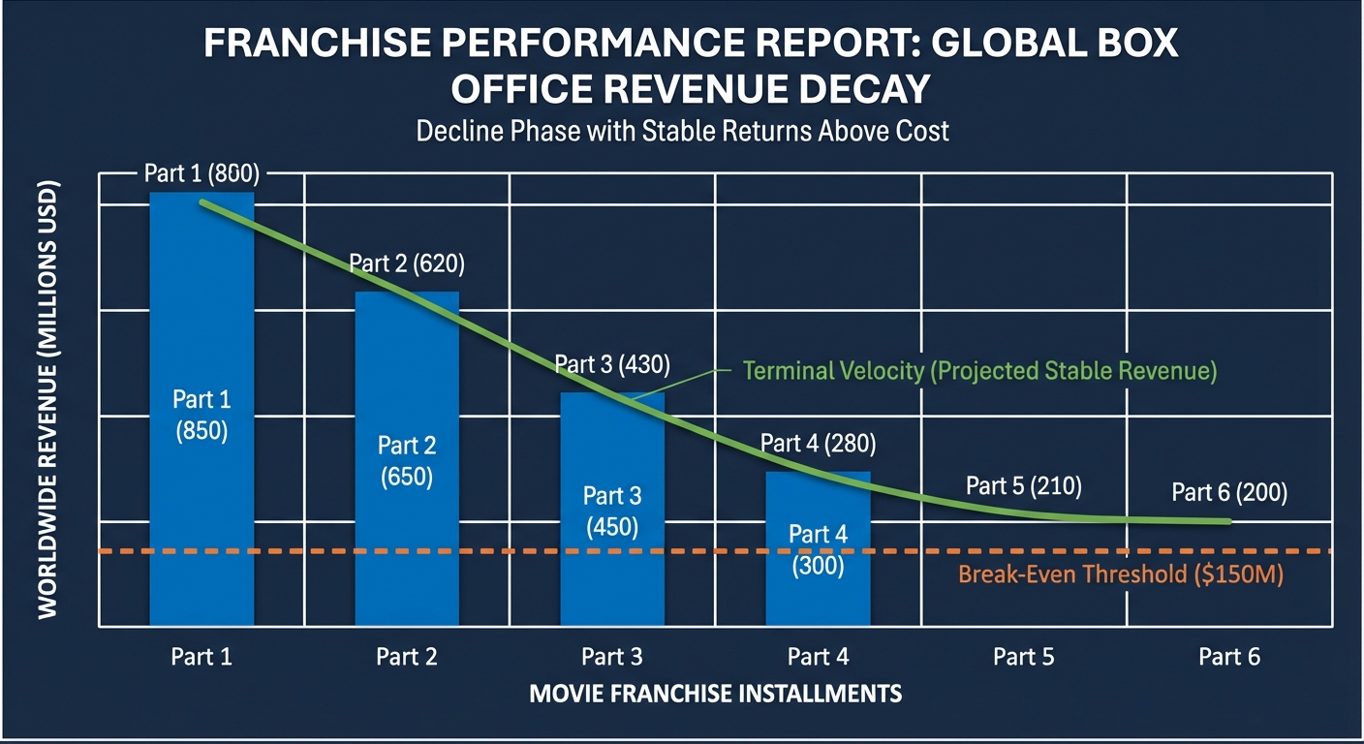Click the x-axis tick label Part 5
pyautogui.click(x=1023, y=658)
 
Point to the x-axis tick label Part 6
pyautogui.click(x=1229, y=658)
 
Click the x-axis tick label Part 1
pyautogui.click(x=201, y=658)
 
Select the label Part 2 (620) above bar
pyautogui.click(x=407, y=263)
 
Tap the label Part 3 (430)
pyautogui.click(x=612, y=365)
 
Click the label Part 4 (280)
pyautogui.click(x=818, y=445)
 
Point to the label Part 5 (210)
pyautogui.click(x=1023, y=486)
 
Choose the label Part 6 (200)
pyautogui.click(x=1229, y=493)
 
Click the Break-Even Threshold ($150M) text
pyautogui.click(x=1120, y=574)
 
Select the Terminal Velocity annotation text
pyautogui.click(x=979, y=371)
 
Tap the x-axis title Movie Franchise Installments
pyautogui.click(x=716, y=694)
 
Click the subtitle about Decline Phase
pyautogui.click(x=682, y=131)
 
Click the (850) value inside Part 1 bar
pyautogui.click(x=201, y=432)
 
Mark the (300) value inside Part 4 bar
pyautogui.click(x=818, y=567)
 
